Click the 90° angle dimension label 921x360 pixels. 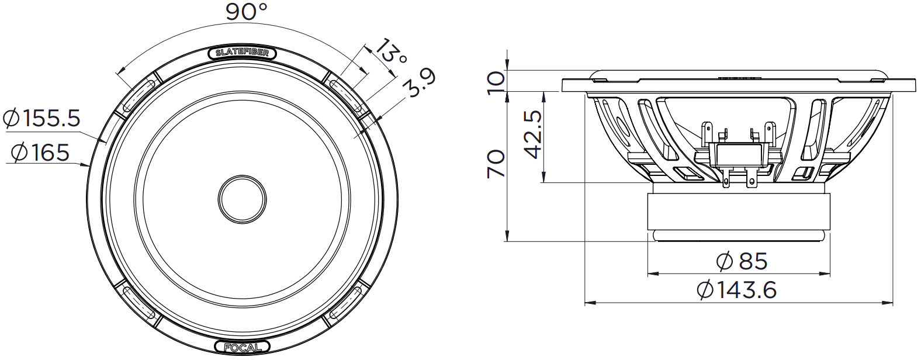pyautogui.click(x=246, y=12)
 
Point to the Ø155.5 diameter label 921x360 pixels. pyautogui.click(x=41, y=119)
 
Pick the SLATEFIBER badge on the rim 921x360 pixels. pyautogui.click(x=243, y=53)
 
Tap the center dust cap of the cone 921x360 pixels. pyautogui.click(x=242, y=199)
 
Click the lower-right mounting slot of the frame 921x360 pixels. pyautogui.click(x=345, y=306)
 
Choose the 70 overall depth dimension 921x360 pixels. pyautogui.click(x=496, y=164)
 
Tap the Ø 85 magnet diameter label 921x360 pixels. pyautogui.click(x=741, y=261)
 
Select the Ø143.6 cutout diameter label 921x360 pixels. pyautogui.click(x=738, y=290)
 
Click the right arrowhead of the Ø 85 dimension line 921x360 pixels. pyautogui.click(x=829, y=273)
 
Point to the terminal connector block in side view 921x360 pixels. pyautogui.click(x=739, y=154)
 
